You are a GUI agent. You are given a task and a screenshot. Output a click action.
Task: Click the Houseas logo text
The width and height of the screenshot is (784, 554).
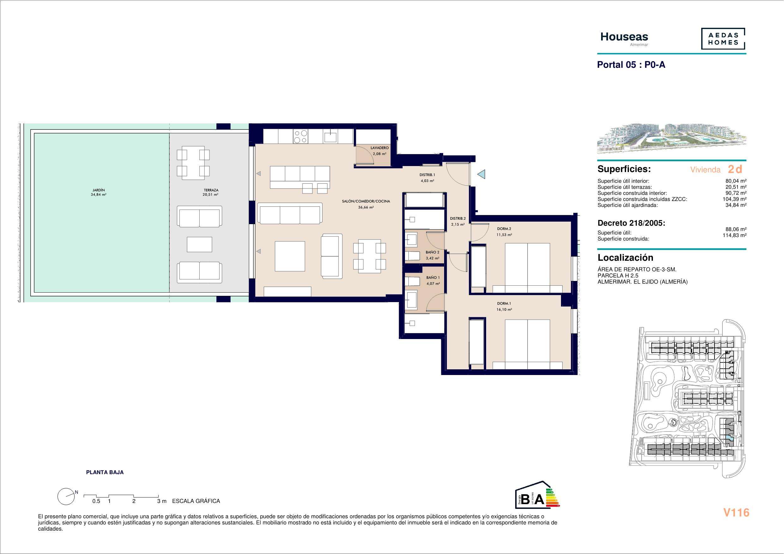point(624,37)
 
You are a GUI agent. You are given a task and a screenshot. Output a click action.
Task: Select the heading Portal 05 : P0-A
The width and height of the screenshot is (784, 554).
point(631,65)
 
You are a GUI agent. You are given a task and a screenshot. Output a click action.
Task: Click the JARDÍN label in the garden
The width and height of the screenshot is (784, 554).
point(98,190)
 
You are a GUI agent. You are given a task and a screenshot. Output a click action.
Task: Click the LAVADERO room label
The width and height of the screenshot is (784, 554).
point(380,148)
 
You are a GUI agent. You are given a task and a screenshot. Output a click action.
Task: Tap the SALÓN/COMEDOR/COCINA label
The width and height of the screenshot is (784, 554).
point(366,201)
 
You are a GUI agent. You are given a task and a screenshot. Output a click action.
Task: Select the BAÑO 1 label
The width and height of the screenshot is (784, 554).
point(433,277)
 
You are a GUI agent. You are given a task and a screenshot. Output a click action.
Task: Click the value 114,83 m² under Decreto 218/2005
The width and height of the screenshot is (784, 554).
point(734,235)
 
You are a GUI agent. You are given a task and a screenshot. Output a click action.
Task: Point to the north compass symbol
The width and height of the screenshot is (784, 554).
point(67,497)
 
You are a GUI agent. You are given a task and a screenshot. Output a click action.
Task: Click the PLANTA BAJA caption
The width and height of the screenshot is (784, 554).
point(105,473)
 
